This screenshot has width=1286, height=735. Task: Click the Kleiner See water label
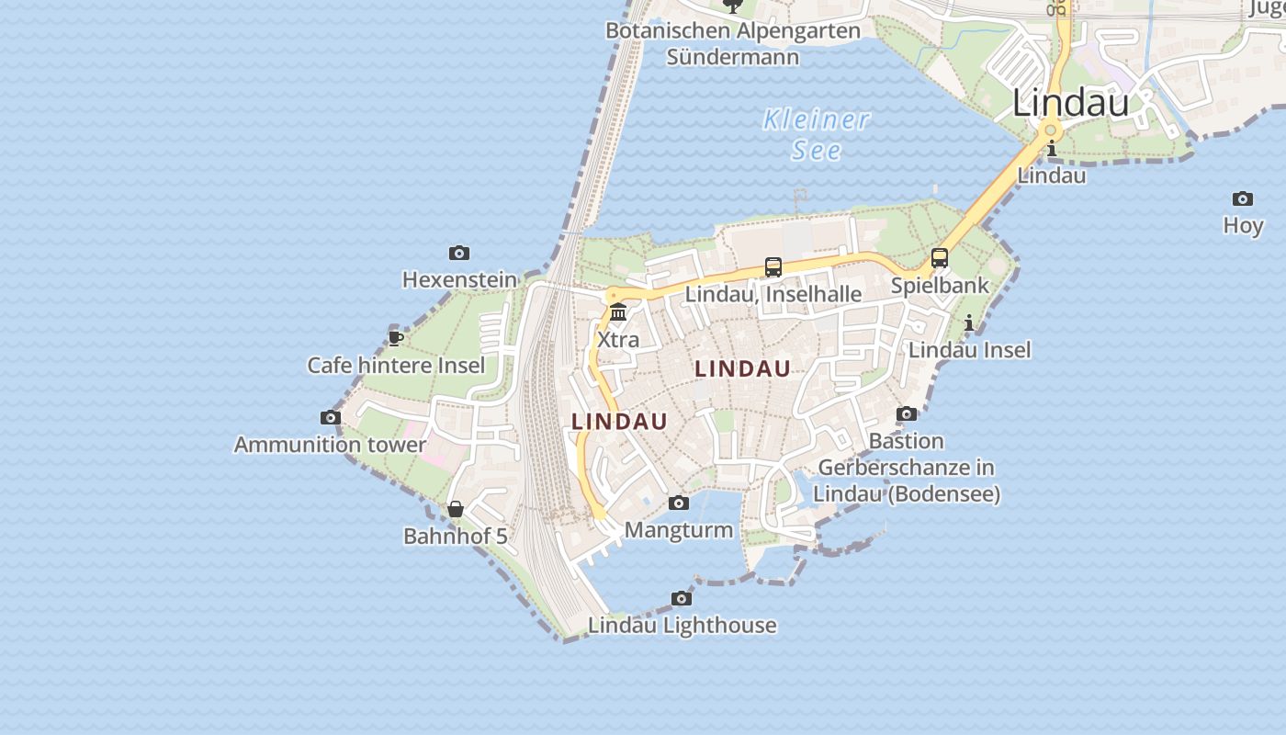tap(816, 134)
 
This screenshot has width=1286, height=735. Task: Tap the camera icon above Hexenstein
tap(459, 254)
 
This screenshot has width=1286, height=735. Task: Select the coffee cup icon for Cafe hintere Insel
tap(396, 338)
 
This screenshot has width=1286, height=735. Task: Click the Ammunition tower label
tap(330, 445)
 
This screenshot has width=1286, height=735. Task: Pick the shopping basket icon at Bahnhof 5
tap(456, 509)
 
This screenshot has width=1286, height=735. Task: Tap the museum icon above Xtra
tap(618, 312)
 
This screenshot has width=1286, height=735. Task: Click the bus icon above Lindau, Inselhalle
tap(773, 267)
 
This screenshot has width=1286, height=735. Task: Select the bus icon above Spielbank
tap(939, 258)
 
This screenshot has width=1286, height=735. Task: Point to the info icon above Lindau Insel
tap(969, 322)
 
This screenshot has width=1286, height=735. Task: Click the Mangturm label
tap(679, 530)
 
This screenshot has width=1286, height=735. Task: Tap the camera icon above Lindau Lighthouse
tap(682, 599)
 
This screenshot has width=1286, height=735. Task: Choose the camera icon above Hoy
tap(1243, 199)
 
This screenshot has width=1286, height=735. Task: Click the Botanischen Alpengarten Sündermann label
tap(733, 43)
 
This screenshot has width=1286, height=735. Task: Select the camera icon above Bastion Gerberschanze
tap(907, 414)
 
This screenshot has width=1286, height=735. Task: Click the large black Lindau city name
tap(1070, 103)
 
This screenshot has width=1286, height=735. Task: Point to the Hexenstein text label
tap(459, 279)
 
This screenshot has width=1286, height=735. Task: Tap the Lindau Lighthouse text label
tap(682, 626)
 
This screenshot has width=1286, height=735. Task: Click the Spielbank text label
tap(940, 285)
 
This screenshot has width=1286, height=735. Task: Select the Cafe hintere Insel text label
tap(396, 366)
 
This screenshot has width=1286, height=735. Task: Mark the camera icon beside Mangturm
tap(679, 503)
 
